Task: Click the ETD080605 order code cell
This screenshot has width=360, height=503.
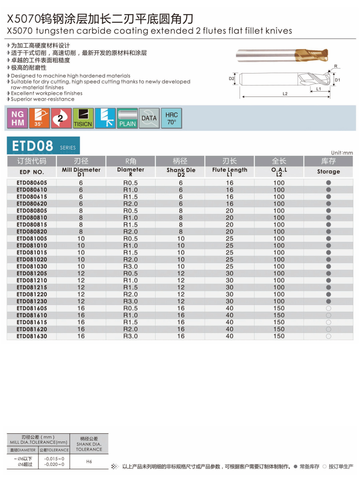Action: (32, 183)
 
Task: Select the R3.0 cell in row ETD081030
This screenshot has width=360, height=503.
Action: (130, 267)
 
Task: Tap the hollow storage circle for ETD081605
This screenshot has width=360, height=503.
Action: (328, 308)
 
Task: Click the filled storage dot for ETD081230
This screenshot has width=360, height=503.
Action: (328, 301)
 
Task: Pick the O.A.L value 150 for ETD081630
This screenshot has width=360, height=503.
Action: (279, 336)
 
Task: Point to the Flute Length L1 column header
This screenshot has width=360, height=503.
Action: (230, 171)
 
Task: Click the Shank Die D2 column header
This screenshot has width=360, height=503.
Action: (181, 171)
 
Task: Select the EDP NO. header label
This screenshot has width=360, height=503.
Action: (32, 172)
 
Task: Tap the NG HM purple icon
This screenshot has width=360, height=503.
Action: (18, 118)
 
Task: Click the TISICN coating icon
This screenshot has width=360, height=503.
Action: (83, 118)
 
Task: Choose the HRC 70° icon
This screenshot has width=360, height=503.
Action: (171, 118)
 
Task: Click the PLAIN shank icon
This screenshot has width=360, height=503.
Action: (127, 118)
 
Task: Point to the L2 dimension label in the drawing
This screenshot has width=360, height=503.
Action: (285, 94)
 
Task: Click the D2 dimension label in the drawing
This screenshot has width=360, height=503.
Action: (231, 79)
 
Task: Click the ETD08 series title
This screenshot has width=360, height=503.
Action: (33, 146)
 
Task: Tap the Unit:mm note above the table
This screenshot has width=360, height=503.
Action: (342, 153)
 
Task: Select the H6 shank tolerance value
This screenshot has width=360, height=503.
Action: (89, 462)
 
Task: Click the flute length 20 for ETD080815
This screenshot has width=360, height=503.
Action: (230, 225)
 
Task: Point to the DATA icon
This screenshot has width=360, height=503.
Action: (149, 118)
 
